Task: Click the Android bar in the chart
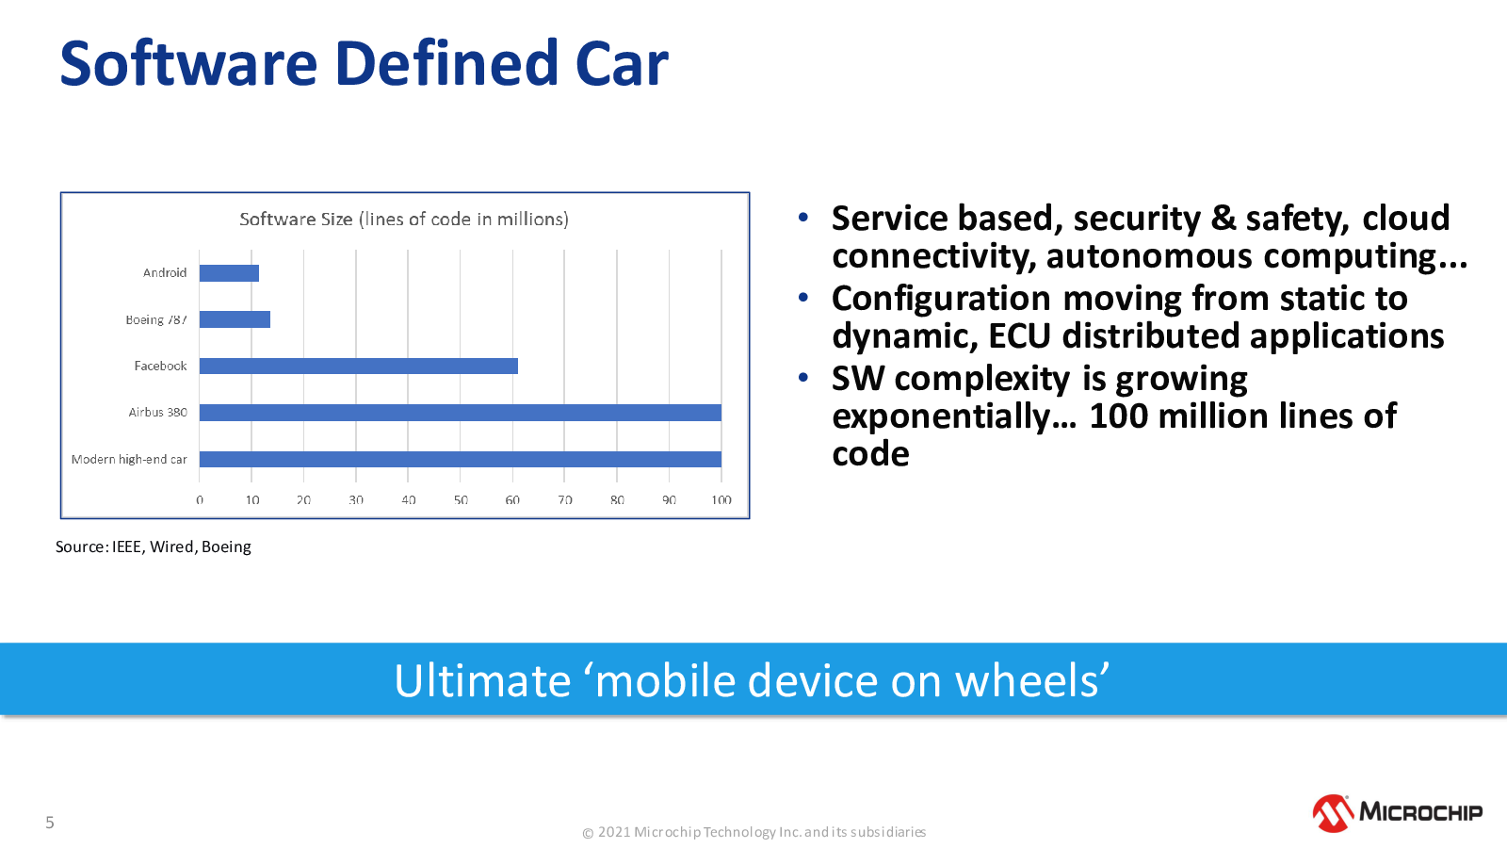click(x=229, y=273)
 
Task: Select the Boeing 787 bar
click(x=235, y=319)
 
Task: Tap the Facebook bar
click(x=359, y=367)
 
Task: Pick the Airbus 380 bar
click(x=461, y=413)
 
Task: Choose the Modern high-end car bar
click(x=461, y=459)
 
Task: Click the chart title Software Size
click(x=404, y=220)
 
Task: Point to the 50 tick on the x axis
click(x=461, y=500)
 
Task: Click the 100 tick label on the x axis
click(x=721, y=500)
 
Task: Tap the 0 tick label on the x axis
click(x=199, y=500)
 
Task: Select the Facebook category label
click(x=160, y=367)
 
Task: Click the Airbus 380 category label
click(x=157, y=413)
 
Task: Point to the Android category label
click(x=164, y=272)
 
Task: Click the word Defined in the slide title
click(x=446, y=63)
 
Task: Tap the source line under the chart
click(x=153, y=546)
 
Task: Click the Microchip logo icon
click(x=1333, y=813)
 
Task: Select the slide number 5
click(x=49, y=822)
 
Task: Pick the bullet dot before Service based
click(x=802, y=217)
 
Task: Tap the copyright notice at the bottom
click(x=753, y=832)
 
